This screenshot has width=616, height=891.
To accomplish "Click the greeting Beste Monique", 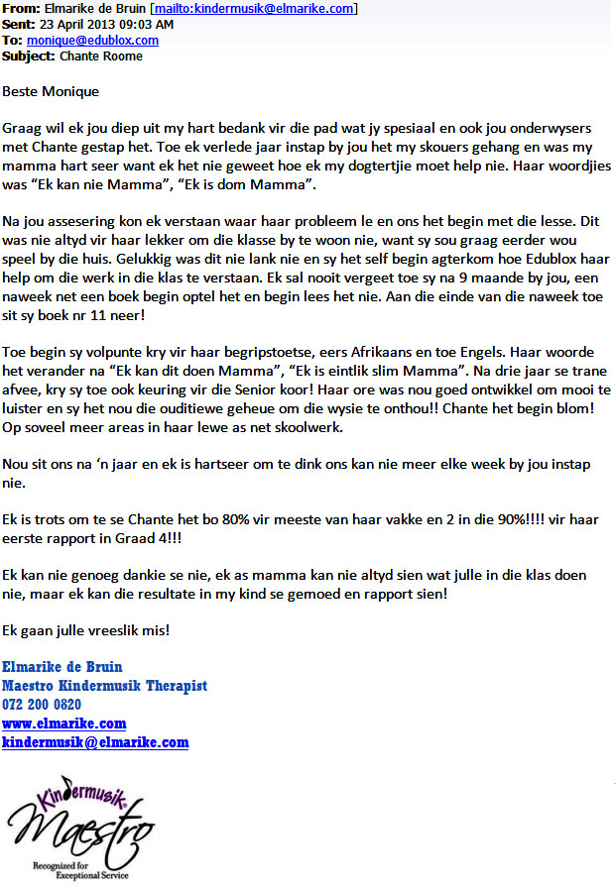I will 51,92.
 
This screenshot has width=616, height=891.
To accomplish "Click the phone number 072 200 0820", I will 42,705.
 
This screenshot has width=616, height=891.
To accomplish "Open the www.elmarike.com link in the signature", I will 64,724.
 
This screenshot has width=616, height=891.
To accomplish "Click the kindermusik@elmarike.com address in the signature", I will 95,742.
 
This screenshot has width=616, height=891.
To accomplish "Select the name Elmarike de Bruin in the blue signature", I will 62,667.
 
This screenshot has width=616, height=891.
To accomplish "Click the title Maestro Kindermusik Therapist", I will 104,686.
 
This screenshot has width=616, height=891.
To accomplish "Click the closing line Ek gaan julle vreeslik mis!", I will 85,630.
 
